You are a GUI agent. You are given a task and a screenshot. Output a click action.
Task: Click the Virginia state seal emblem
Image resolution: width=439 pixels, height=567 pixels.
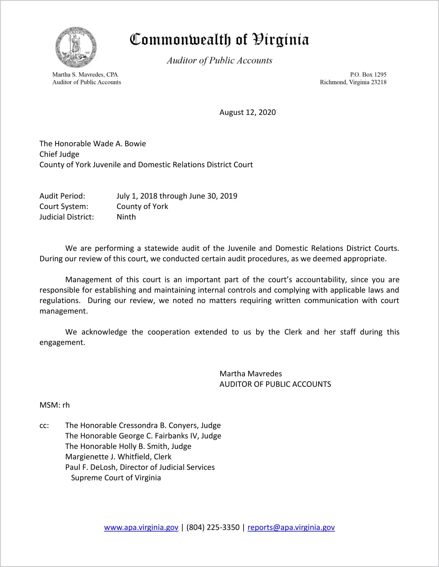point(76,47)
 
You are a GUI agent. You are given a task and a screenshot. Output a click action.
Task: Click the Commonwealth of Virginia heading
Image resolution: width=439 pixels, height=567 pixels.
point(219,40)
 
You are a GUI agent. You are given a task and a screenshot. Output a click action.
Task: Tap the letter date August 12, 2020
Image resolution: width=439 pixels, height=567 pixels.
point(247,112)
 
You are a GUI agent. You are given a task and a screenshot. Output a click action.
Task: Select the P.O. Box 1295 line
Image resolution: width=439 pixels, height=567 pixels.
point(368,75)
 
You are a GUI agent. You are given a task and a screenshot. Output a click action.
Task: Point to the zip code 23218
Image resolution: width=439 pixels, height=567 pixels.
point(379,82)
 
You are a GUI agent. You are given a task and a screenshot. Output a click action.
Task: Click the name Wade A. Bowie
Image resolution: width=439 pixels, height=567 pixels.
point(120,144)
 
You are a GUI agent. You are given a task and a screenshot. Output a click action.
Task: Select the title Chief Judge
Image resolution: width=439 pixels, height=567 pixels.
point(59,154)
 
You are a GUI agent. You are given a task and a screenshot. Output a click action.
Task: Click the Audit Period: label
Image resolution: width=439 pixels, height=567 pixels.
point(62,196)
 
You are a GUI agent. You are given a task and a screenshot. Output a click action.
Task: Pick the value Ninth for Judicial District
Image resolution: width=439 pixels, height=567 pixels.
point(126,217)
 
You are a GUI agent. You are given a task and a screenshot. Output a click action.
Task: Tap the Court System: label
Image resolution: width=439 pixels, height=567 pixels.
point(64,206)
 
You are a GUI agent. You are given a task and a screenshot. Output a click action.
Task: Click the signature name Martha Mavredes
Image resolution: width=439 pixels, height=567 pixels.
point(251,374)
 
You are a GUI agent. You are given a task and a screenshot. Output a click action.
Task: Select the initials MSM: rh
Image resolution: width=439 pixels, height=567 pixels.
point(55,405)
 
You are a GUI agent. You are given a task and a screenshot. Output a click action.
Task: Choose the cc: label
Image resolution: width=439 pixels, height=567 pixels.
point(44,425)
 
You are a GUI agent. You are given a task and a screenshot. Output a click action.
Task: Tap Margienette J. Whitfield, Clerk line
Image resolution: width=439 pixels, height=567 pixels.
point(118,457)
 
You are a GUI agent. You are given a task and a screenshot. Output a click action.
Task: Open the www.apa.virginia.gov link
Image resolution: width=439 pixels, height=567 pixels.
point(141,528)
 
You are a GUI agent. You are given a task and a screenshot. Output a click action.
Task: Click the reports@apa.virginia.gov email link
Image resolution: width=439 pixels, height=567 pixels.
point(291,528)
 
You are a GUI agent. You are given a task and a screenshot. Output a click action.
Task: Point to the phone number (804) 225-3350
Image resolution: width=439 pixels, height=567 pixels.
point(213,528)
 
